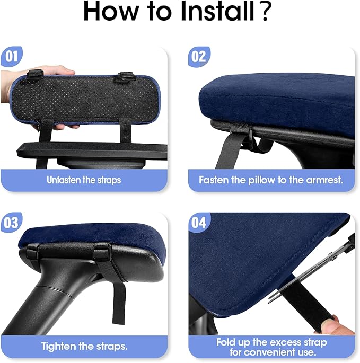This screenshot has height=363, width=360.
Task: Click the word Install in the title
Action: [x=217, y=11]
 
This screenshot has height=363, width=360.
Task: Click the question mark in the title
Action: [x=264, y=11]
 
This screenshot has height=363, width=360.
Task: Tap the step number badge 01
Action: [x=12, y=56]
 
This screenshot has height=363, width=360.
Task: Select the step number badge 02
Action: [x=199, y=56]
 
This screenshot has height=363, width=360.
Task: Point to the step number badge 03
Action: [x=12, y=222]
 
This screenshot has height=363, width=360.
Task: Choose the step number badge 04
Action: [x=199, y=222]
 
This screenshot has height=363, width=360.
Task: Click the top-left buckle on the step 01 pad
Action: [x=35, y=75]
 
